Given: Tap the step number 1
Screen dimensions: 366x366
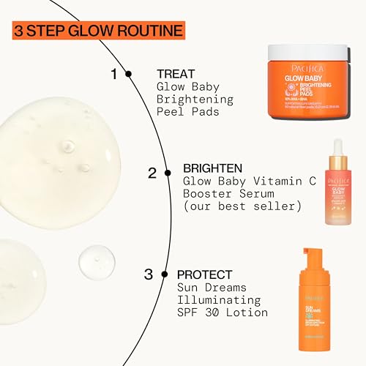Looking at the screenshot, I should [113, 73].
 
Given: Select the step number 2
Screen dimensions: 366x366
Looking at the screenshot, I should [152, 173].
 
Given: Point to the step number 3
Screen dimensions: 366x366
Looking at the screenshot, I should [148, 274].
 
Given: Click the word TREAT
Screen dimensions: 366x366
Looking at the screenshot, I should [176, 73].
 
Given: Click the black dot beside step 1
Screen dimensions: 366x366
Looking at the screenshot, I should [129, 73].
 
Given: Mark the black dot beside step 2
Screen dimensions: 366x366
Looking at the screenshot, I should [168, 173].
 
